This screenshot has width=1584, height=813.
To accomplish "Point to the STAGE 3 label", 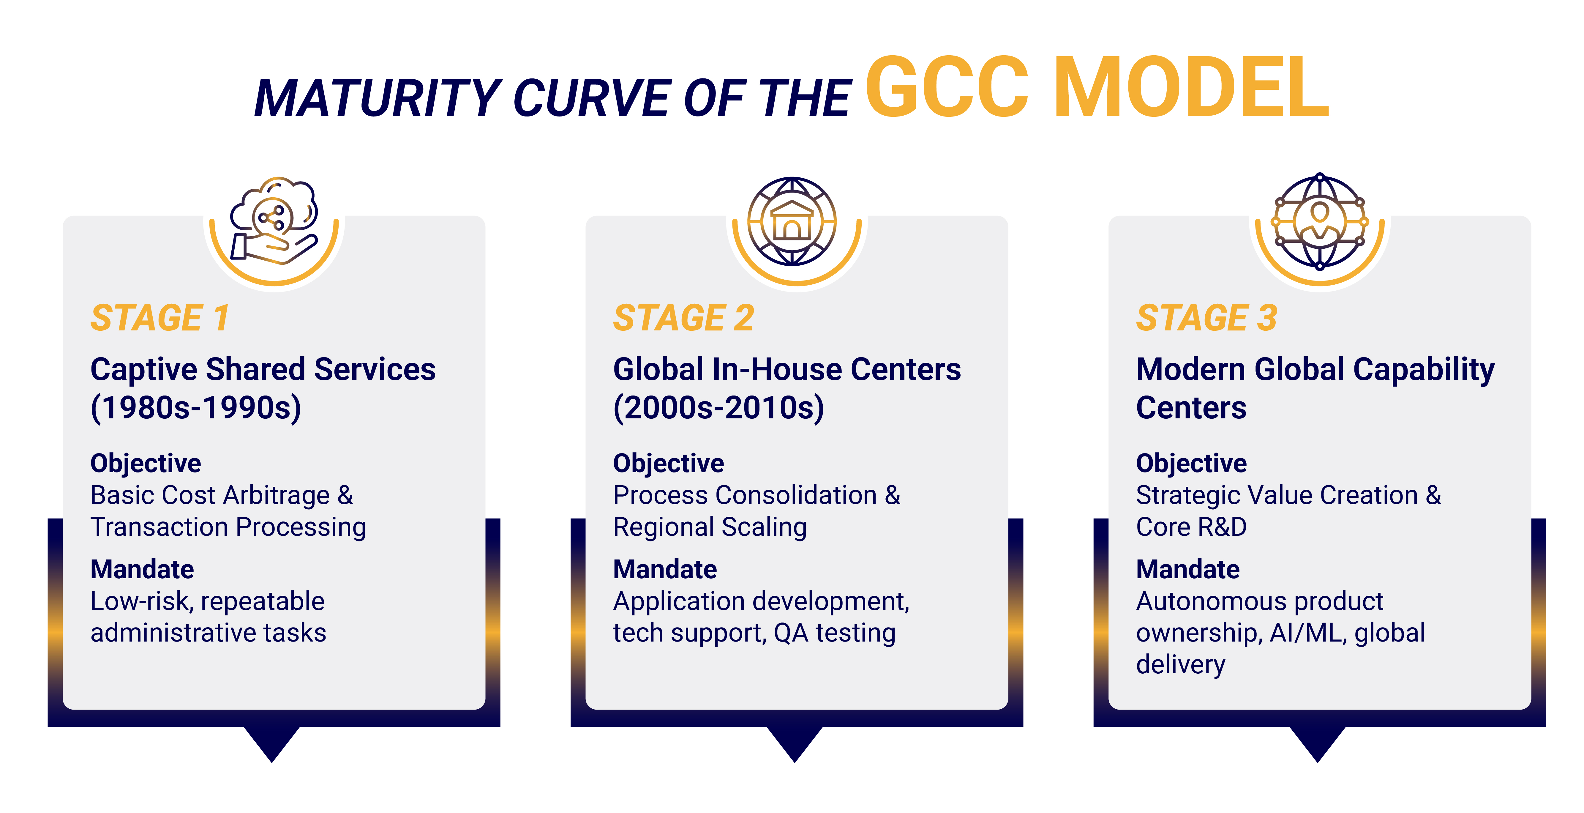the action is [1206, 318].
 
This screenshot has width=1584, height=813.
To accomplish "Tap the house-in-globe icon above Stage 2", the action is [792, 221].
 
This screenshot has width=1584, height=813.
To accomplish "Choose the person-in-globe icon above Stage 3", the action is [1320, 221].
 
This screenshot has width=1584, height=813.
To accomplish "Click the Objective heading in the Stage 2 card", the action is [668, 463].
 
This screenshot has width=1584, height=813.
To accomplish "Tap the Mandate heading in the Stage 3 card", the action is [1187, 569].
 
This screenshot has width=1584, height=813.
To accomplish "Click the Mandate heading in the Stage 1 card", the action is [142, 569].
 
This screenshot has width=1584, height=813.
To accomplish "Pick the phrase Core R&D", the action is [1191, 527].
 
